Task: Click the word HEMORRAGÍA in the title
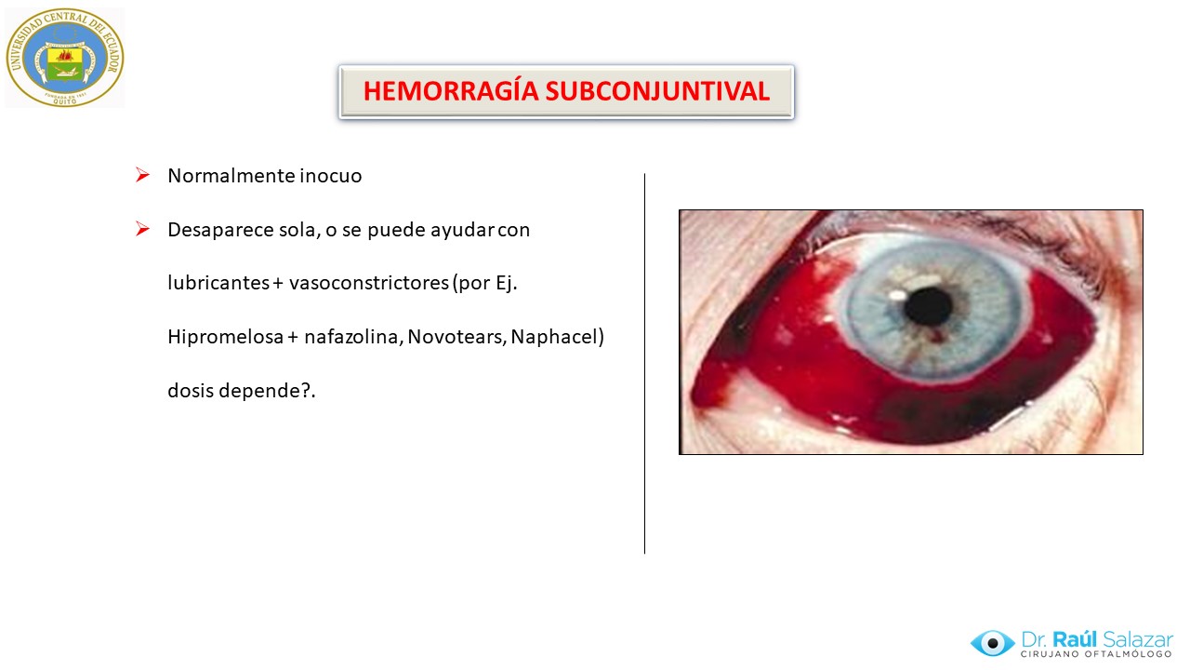coord(451,91)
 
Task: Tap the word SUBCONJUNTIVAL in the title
coord(657,91)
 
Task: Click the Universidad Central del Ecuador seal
coord(65,58)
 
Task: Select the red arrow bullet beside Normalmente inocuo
coord(142,174)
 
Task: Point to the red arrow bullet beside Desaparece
coord(142,229)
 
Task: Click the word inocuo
coord(330,176)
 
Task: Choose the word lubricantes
coord(218,282)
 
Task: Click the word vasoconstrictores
coord(369,282)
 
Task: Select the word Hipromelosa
coord(225,337)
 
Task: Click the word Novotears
coord(456,337)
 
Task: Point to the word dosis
coord(191,390)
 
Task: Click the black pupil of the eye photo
coord(928,306)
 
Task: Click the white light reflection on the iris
coord(898,294)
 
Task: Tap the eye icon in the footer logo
coord(992,643)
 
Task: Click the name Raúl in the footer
coord(1075,638)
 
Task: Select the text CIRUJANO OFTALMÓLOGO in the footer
coord(1096,654)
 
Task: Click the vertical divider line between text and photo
coord(644,363)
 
